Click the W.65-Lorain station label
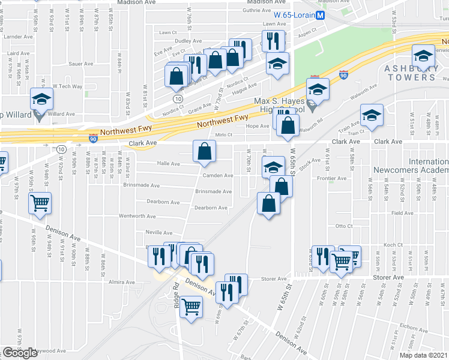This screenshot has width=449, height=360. pos(294,15)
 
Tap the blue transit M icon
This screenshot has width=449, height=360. pos(321,15)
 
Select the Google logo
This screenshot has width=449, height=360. pos(20,353)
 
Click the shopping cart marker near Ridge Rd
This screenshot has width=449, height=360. pos(191,308)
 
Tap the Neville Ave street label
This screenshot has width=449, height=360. pos(158,232)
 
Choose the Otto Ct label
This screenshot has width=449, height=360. pos(343,226)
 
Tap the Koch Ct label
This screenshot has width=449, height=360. pos(393,245)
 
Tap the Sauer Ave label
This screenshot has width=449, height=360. pos(80,63)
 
